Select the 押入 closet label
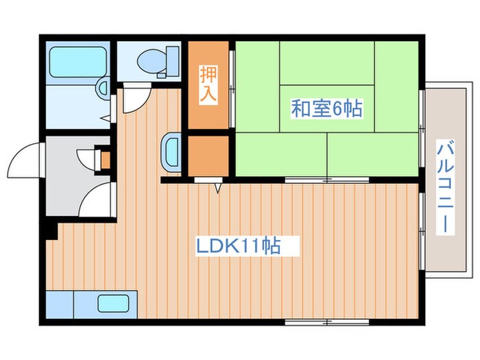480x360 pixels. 208,84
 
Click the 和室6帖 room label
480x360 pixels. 327,108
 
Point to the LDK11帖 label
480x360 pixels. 239,245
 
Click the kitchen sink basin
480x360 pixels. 112,304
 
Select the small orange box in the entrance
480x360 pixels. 105,159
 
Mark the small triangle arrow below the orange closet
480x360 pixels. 218,187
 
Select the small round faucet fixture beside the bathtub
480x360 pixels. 102,88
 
